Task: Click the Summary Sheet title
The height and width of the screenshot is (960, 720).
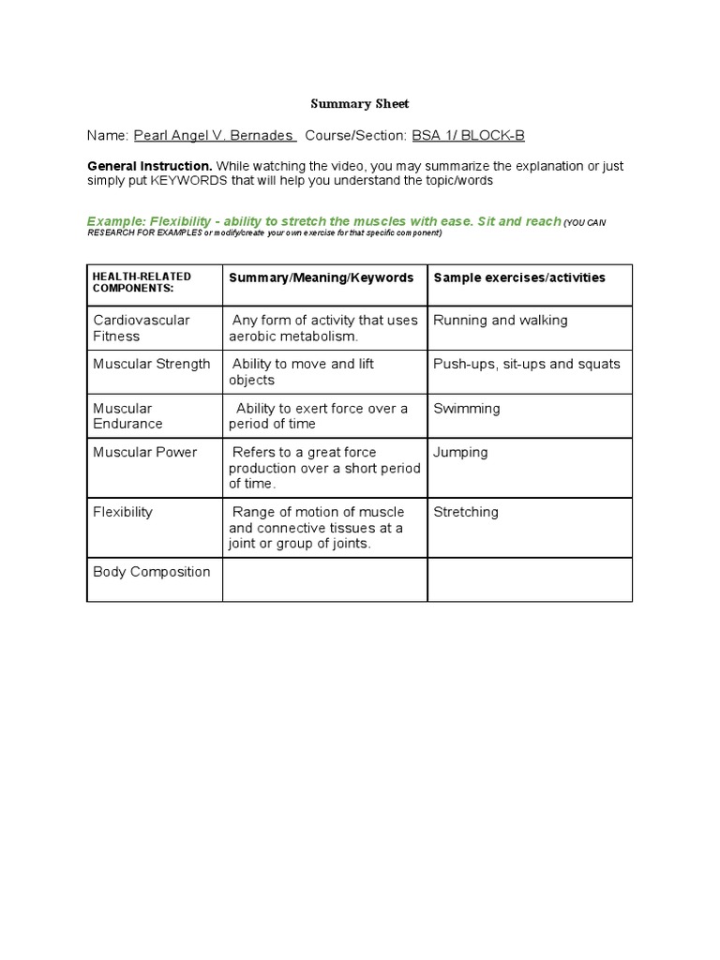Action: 360,104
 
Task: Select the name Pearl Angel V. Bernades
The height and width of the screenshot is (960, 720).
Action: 215,135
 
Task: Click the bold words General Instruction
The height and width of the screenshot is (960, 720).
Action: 149,166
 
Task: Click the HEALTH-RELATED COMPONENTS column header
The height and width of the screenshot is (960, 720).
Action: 142,282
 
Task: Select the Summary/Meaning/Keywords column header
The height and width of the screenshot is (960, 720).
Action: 322,277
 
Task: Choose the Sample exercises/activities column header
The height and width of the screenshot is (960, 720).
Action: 519,277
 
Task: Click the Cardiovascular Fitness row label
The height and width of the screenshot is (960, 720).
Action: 141,328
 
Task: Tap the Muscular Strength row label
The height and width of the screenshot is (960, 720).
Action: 152,364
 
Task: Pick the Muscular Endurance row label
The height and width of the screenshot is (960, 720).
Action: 127,416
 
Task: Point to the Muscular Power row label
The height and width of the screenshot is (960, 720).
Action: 145,452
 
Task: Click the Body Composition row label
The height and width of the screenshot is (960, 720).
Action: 152,572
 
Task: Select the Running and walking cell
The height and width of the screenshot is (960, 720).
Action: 501,321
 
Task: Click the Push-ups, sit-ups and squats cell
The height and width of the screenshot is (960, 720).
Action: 527,364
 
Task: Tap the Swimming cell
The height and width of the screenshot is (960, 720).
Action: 467,409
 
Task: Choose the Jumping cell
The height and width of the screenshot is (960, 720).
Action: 460,452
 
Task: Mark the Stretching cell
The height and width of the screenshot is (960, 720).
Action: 466,512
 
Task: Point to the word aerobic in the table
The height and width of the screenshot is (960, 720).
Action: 253,337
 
